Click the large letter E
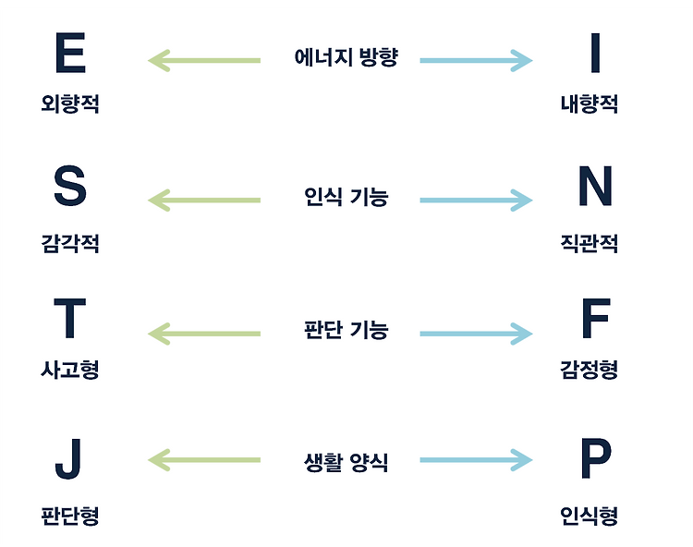pyautogui.click(x=70, y=53)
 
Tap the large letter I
pyautogui.click(x=595, y=53)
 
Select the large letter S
pyautogui.click(x=70, y=187)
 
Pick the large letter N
pyautogui.click(x=595, y=187)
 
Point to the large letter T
pyautogui.click(x=70, y=319)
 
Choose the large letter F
pyautogui.click(x=595, y=319)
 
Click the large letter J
pyautogui.click(x=70, y=459)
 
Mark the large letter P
pyautogui.click(x=595, y=459)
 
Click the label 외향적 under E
pyautogui.click(x=70, y=103)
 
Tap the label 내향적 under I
pyautogui.click(x=589, y=103)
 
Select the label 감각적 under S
pyautogui.click(x=70, y=244)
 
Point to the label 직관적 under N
pyautogui.click(x=589, y=244)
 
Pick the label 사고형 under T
pyautogui.click(x=70, y=371)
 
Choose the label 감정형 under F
pyautogui.click(x=589, y=371)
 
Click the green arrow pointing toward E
pyautogui.click(x=203, y=61)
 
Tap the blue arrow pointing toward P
pyautogui.click(x=477, y=460)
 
